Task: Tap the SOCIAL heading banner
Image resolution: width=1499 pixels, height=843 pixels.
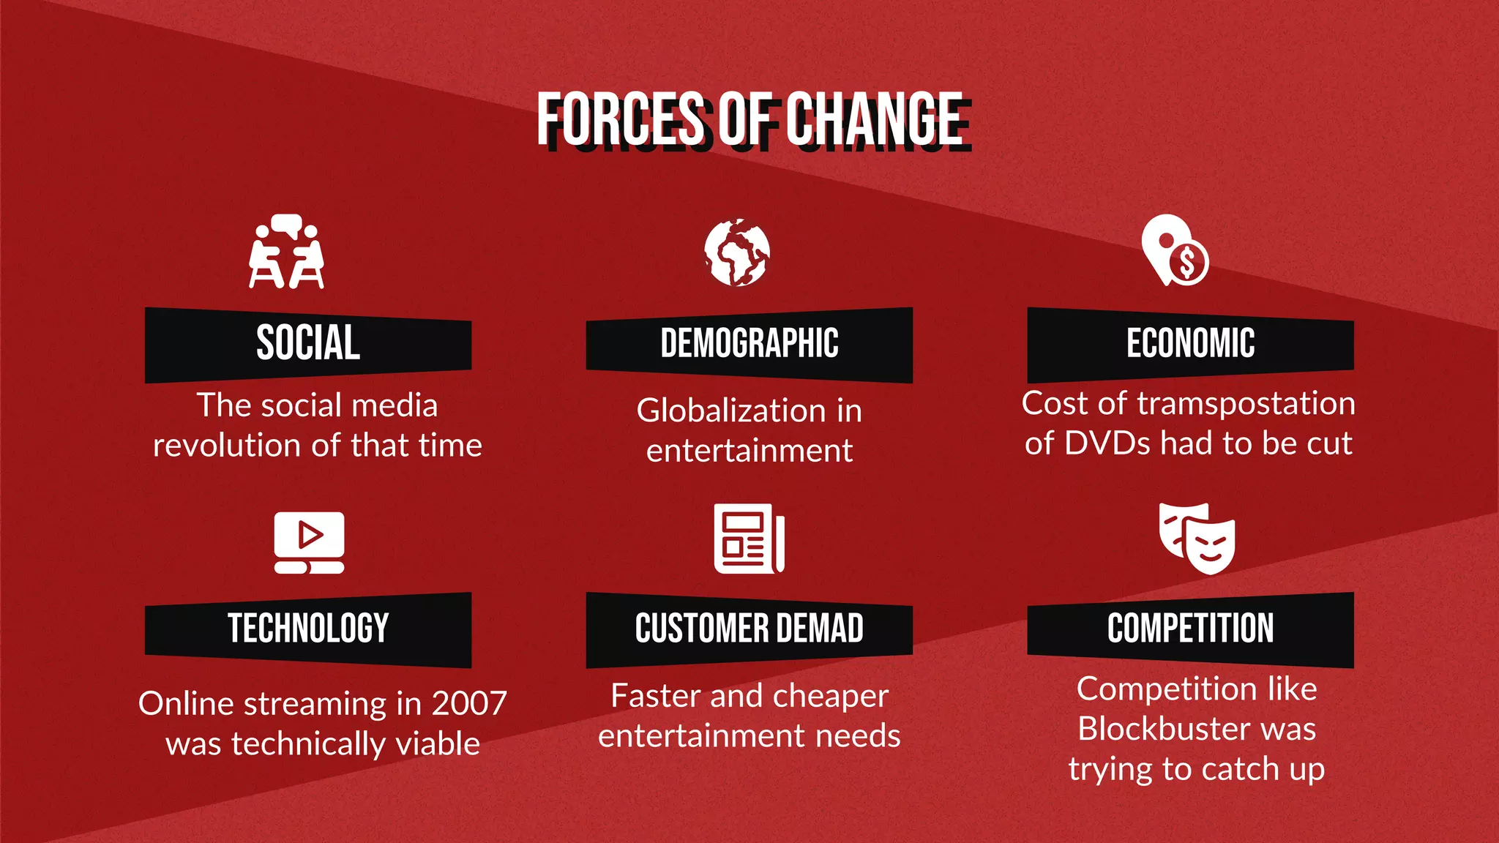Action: (308, 343)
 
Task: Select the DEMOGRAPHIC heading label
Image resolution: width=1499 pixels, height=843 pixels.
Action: (749, 343)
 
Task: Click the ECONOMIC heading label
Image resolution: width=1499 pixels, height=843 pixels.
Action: (1190, 343)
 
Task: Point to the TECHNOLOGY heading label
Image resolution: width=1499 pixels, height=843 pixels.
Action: (308, 629)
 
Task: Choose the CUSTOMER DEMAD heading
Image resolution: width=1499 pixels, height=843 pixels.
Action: (749, 629)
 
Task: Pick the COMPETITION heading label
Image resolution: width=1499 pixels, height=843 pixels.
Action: (1190, 629)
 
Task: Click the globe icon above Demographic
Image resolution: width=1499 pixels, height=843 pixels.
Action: (737, 252)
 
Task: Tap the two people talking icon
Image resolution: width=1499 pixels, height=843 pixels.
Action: (286, 252)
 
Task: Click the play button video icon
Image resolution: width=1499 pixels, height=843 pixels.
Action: (310, 542)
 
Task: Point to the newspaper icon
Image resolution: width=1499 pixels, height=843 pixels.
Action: (749, 539)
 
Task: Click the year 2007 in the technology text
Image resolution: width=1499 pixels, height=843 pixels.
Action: (469, 704)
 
